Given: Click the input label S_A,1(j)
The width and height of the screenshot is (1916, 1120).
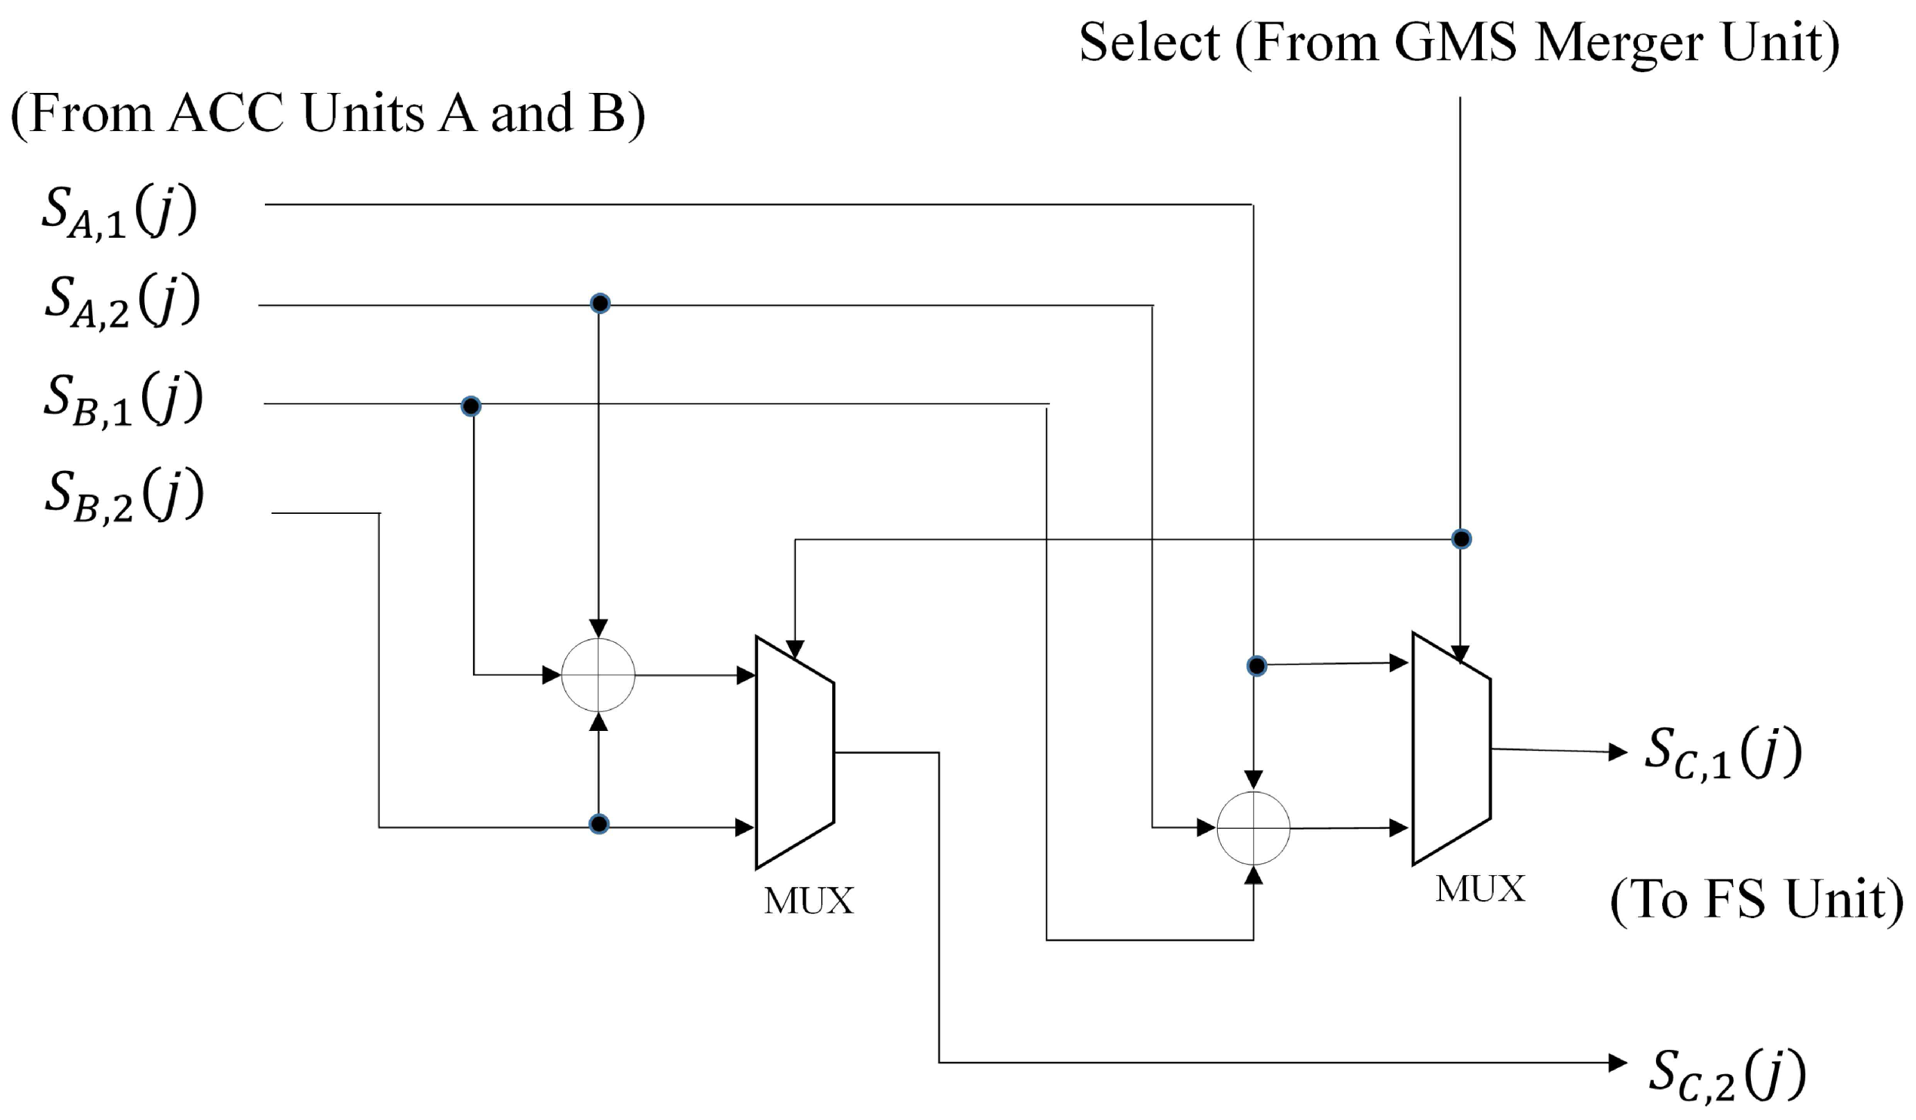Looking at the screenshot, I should pyautogui.click(x=119, y=213).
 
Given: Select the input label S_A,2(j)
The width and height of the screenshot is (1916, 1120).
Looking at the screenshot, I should pyautogui.click(x=121, y=302).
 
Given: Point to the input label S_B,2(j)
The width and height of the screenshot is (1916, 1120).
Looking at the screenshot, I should pyautogui.click(x=124, y=496).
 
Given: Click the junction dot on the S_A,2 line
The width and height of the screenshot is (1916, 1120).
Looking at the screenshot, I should pyautogui.click(x=600, y=303).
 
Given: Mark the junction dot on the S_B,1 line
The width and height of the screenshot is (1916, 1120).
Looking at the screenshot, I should pyautogui.click(x=471, y=406).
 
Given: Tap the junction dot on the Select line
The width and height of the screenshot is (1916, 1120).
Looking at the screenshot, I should pyautogui.click(x=1460, y=539).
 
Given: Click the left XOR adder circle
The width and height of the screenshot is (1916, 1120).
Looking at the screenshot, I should pyautogui.click(x=598, y=675).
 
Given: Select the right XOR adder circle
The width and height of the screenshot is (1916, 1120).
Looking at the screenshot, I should pyautogui.click(x=1253, y=828).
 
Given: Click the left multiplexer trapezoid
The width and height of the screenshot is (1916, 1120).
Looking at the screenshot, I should pyautogui.click(x=794, y=752).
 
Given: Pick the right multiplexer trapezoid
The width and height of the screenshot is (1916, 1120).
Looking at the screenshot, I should pyautogui.click(x=1450, y=748).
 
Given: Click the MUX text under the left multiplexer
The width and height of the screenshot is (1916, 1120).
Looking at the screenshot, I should pyautogui.click(x=809, y=902).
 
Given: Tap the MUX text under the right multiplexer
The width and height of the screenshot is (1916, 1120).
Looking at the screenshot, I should pyautogui.click(x=1480, y=889).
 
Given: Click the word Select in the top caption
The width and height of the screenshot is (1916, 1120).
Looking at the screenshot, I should pyautogui.click(x=1149, y=42).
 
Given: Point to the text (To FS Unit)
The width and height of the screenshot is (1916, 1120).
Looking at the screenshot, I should pyautogui.click(x=1757, y=900).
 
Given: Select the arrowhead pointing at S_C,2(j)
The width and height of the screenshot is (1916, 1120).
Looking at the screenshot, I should pyautogui.click(x=1618, y=1062).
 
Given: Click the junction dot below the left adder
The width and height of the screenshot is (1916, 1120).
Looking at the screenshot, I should pyautogui.click(x=599, y=823).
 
